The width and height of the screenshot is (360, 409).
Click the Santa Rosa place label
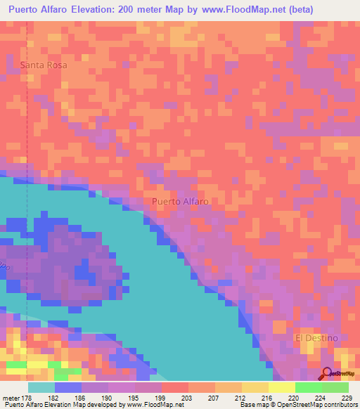click(44, 65)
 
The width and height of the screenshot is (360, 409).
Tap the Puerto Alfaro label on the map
click(180, 201)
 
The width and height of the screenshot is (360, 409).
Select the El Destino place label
click(316, 338)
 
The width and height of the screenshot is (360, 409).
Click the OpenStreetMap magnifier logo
click(327, 372)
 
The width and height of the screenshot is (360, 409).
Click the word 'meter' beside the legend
click(12, 398)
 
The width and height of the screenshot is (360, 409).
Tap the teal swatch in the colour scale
click(41, 387)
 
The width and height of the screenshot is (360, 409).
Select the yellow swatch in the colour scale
click(282, 387)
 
